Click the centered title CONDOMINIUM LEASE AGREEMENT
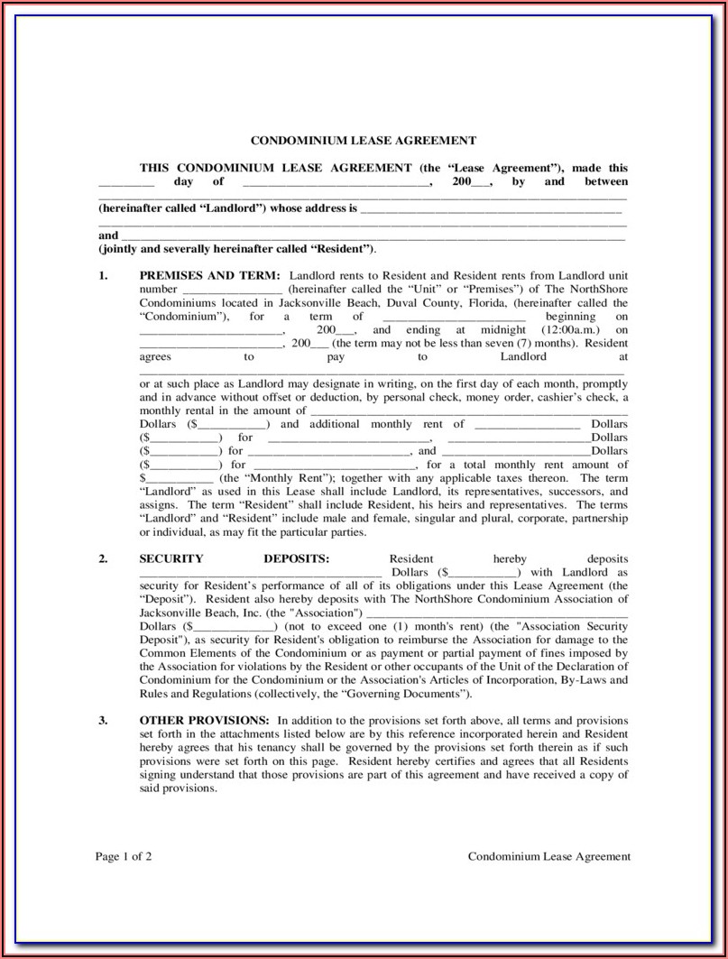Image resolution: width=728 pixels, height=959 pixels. tap(363, 141)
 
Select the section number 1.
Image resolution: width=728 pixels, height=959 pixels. tap(103, 275)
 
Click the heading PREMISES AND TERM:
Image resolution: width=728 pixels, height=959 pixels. tap(209, 275)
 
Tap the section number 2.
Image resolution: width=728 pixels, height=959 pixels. tap(103, 558)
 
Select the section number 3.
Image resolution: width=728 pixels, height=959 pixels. tap(103, 720)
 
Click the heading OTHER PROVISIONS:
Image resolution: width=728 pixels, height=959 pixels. tap(204, 720)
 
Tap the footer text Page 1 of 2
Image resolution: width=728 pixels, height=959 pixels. tap(124, 857)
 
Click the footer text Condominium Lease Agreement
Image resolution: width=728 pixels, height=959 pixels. tap(548, 857)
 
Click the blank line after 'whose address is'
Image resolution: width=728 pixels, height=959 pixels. tap(491, 208)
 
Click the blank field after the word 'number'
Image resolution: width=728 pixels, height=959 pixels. tap(233, 290)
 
